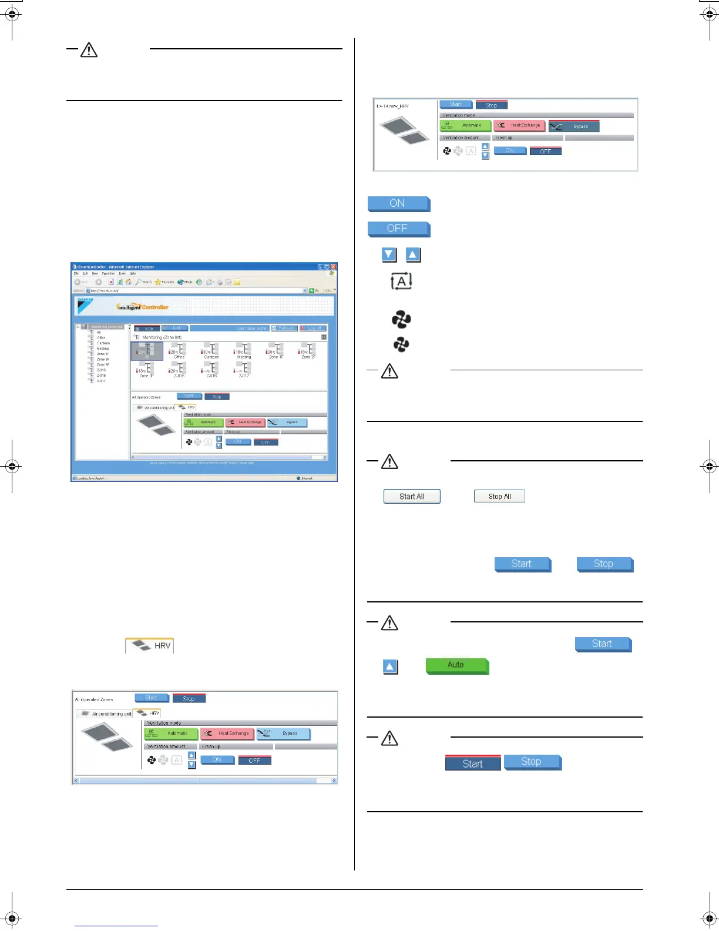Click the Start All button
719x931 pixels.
click(412, 497)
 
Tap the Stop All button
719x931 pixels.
click(499, 497)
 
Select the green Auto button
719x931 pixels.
click(456, 665)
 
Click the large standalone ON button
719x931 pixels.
click(398, 203)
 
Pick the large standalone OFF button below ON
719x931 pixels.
click(398, 228)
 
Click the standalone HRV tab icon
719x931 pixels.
click(150, 645)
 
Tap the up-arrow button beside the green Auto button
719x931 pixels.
click(390, 667)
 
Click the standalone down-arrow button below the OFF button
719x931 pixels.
click(389, 255)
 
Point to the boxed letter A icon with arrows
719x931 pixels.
click(401, 282)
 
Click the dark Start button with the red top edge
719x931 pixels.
click(473, 763)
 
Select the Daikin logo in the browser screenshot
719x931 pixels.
click(85, 303)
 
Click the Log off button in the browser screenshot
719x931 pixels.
click(313, 328)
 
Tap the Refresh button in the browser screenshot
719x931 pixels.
click(284, 328)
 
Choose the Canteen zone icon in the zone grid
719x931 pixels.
click(211, 351)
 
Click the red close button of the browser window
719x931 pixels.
click(333, 267)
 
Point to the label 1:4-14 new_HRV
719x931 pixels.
click(392, 106)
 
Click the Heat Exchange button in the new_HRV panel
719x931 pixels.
click(519, 125)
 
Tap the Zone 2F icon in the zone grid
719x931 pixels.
click(308, 351)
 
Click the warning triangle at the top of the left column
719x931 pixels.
click(89, 50)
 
